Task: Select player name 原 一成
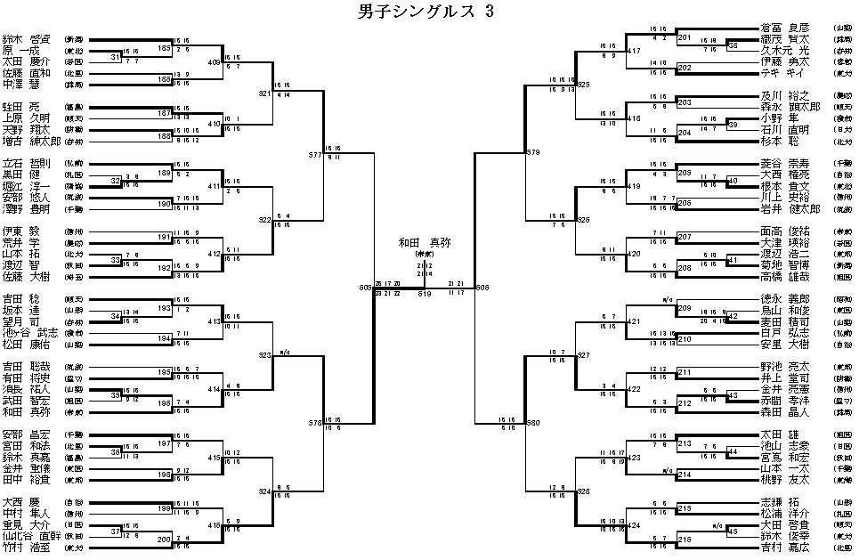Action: pos(25,52)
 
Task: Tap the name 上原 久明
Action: pos(27,118)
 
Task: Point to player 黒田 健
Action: pos(27,175)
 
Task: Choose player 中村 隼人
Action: pos(27,513)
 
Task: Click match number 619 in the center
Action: pos(425,293)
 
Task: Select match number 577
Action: pos(315,154)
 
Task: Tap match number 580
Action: pos(533,421)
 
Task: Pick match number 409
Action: pos(215,62)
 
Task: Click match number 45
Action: pos(733,532)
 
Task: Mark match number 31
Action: pos(116,58)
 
